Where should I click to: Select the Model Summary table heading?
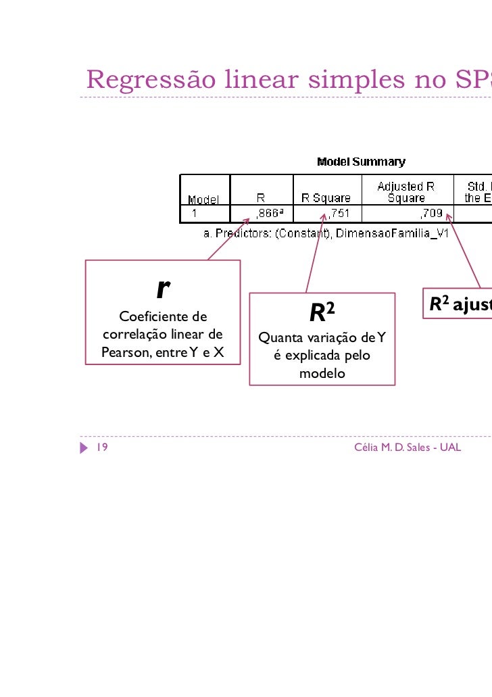click(362, 162)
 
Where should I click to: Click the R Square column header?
click(326, 198)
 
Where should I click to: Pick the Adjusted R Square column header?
click(406, 192)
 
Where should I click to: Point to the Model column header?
click(203, 199)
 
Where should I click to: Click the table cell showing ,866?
click(268, 214)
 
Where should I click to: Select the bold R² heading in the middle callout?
click(322, 312)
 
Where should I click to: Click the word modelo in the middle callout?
click(322, 373)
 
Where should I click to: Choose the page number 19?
click(103, 448)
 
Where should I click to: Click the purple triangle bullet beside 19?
click(84, 448)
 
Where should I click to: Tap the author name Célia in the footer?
click(367, 448)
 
